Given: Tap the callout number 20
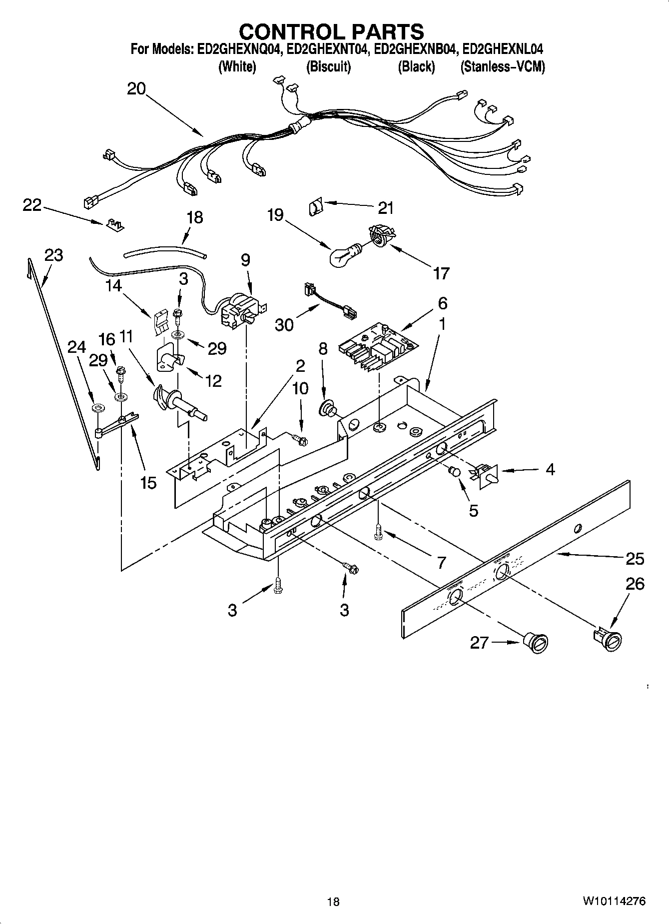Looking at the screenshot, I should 136,89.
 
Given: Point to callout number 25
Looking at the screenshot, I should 635,558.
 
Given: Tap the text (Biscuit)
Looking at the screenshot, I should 328,66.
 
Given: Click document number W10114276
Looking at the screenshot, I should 614,901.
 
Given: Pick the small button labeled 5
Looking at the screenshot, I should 455,470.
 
